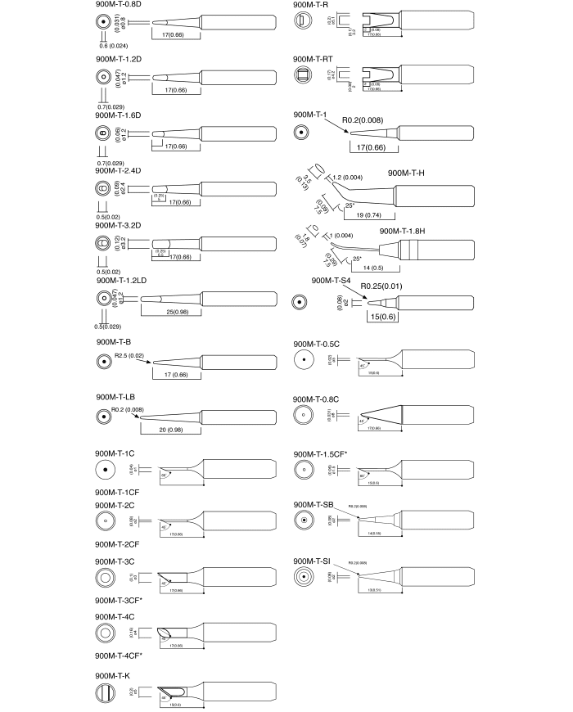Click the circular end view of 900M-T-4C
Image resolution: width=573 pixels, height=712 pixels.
coord(106,633)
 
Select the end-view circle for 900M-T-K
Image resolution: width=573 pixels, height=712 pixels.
coord(106,694)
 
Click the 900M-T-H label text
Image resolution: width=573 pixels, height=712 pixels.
coord(407,173)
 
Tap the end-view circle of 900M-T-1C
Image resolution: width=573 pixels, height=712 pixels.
coord(106,471)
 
